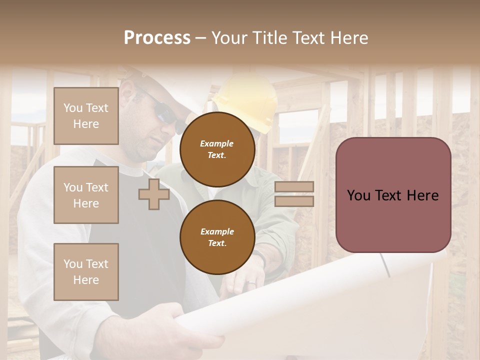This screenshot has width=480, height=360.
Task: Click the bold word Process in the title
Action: coord(157,37)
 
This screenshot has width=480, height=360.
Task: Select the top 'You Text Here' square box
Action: coord(86,116)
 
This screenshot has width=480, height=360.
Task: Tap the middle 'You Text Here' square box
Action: coord(86,195)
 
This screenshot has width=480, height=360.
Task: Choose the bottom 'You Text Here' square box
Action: coord(86,272)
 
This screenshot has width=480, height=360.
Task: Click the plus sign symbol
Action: coord(153,194)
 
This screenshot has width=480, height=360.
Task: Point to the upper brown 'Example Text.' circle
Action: coord(217,149)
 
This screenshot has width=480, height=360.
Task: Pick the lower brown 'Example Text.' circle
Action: coord(217,237)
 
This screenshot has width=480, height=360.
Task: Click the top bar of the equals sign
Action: coord(294,186)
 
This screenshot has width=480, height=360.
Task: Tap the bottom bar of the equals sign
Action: coord(294,201)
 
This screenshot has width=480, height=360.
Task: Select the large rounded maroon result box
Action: coord(393,195)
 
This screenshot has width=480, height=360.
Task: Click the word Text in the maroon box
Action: coord(392,195)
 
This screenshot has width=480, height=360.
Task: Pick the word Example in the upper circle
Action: coord(217,144)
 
